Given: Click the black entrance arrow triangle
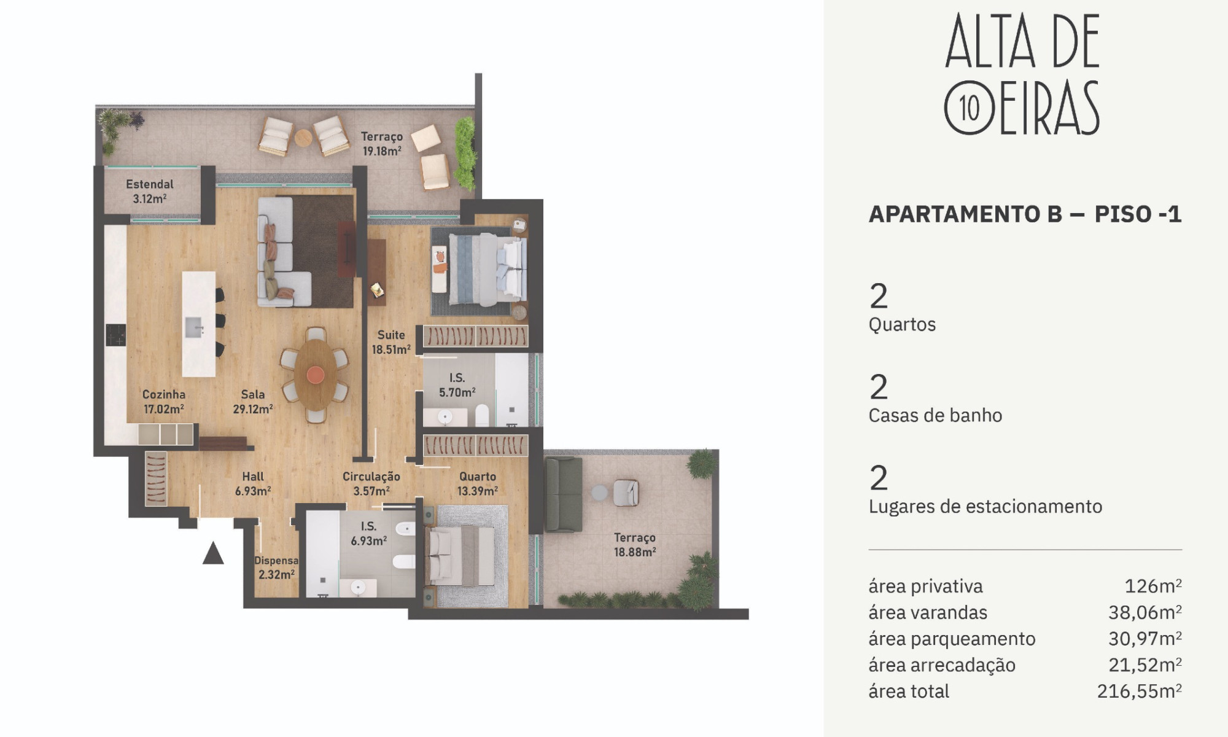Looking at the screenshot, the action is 213,553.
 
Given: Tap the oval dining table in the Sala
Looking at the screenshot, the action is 315,375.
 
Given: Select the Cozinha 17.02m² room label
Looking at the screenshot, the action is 164,402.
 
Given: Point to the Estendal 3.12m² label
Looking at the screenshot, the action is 150,191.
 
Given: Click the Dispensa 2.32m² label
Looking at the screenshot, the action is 276,567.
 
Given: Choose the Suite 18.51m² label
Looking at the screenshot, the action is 391,342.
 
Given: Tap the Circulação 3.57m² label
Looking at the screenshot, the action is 371,483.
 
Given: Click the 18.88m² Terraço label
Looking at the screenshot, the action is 635,545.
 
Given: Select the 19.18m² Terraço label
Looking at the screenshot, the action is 382,144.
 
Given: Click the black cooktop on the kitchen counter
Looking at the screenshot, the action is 115,335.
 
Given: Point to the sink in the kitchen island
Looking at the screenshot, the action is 194,327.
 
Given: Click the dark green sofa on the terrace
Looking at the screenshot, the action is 563,494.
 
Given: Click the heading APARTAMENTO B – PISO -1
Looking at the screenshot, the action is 1025,214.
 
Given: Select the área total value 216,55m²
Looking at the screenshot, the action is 1140,691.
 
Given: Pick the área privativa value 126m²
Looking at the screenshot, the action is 1153,586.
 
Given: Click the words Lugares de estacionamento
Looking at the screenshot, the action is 985,506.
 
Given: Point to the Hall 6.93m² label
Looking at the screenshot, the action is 253,483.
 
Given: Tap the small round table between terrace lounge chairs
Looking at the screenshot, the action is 303,138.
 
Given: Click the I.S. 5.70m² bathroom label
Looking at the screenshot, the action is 457,385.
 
